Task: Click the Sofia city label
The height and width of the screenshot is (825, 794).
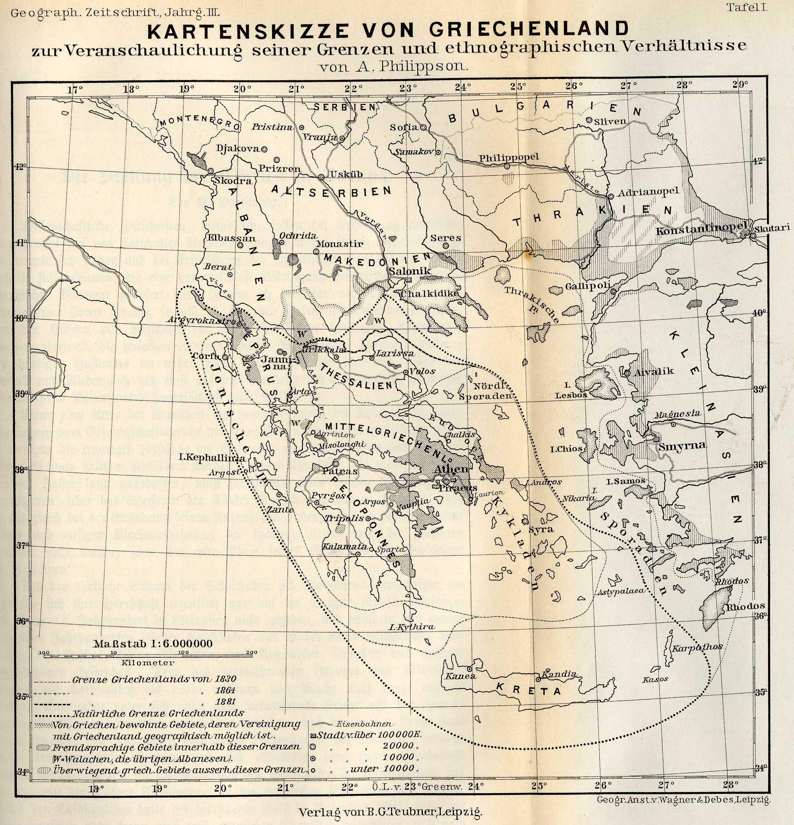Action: [404, 127]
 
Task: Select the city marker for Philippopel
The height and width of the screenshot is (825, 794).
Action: [507, 166]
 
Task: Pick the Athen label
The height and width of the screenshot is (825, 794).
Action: [451, 469]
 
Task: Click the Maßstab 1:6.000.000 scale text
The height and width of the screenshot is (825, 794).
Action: [153, 644]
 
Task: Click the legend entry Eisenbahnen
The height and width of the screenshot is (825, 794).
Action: [365, 724]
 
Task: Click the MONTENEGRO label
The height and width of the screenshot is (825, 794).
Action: [199, 122]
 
